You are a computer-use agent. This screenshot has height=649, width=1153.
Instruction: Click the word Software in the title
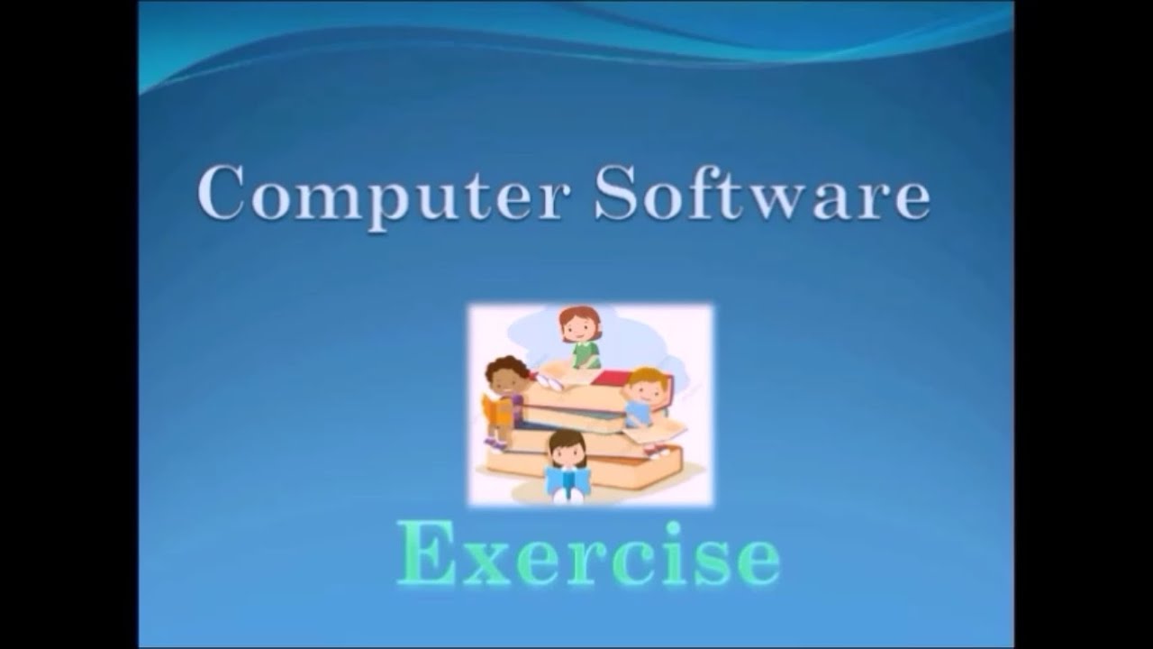coord(761,193)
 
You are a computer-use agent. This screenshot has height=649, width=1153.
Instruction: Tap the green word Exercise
coord(588,552)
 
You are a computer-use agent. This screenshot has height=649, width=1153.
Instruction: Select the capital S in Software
coord(616,192)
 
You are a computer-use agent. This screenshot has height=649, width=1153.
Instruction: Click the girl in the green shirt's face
coord(580,326)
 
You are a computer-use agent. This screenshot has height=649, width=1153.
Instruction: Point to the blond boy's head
coord(645,385)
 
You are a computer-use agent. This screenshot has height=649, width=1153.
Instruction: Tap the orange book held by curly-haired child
coord(496,410)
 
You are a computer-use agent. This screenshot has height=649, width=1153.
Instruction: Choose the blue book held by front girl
coord(567,482)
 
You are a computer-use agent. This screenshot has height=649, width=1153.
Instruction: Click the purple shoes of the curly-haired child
coord(495,443)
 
